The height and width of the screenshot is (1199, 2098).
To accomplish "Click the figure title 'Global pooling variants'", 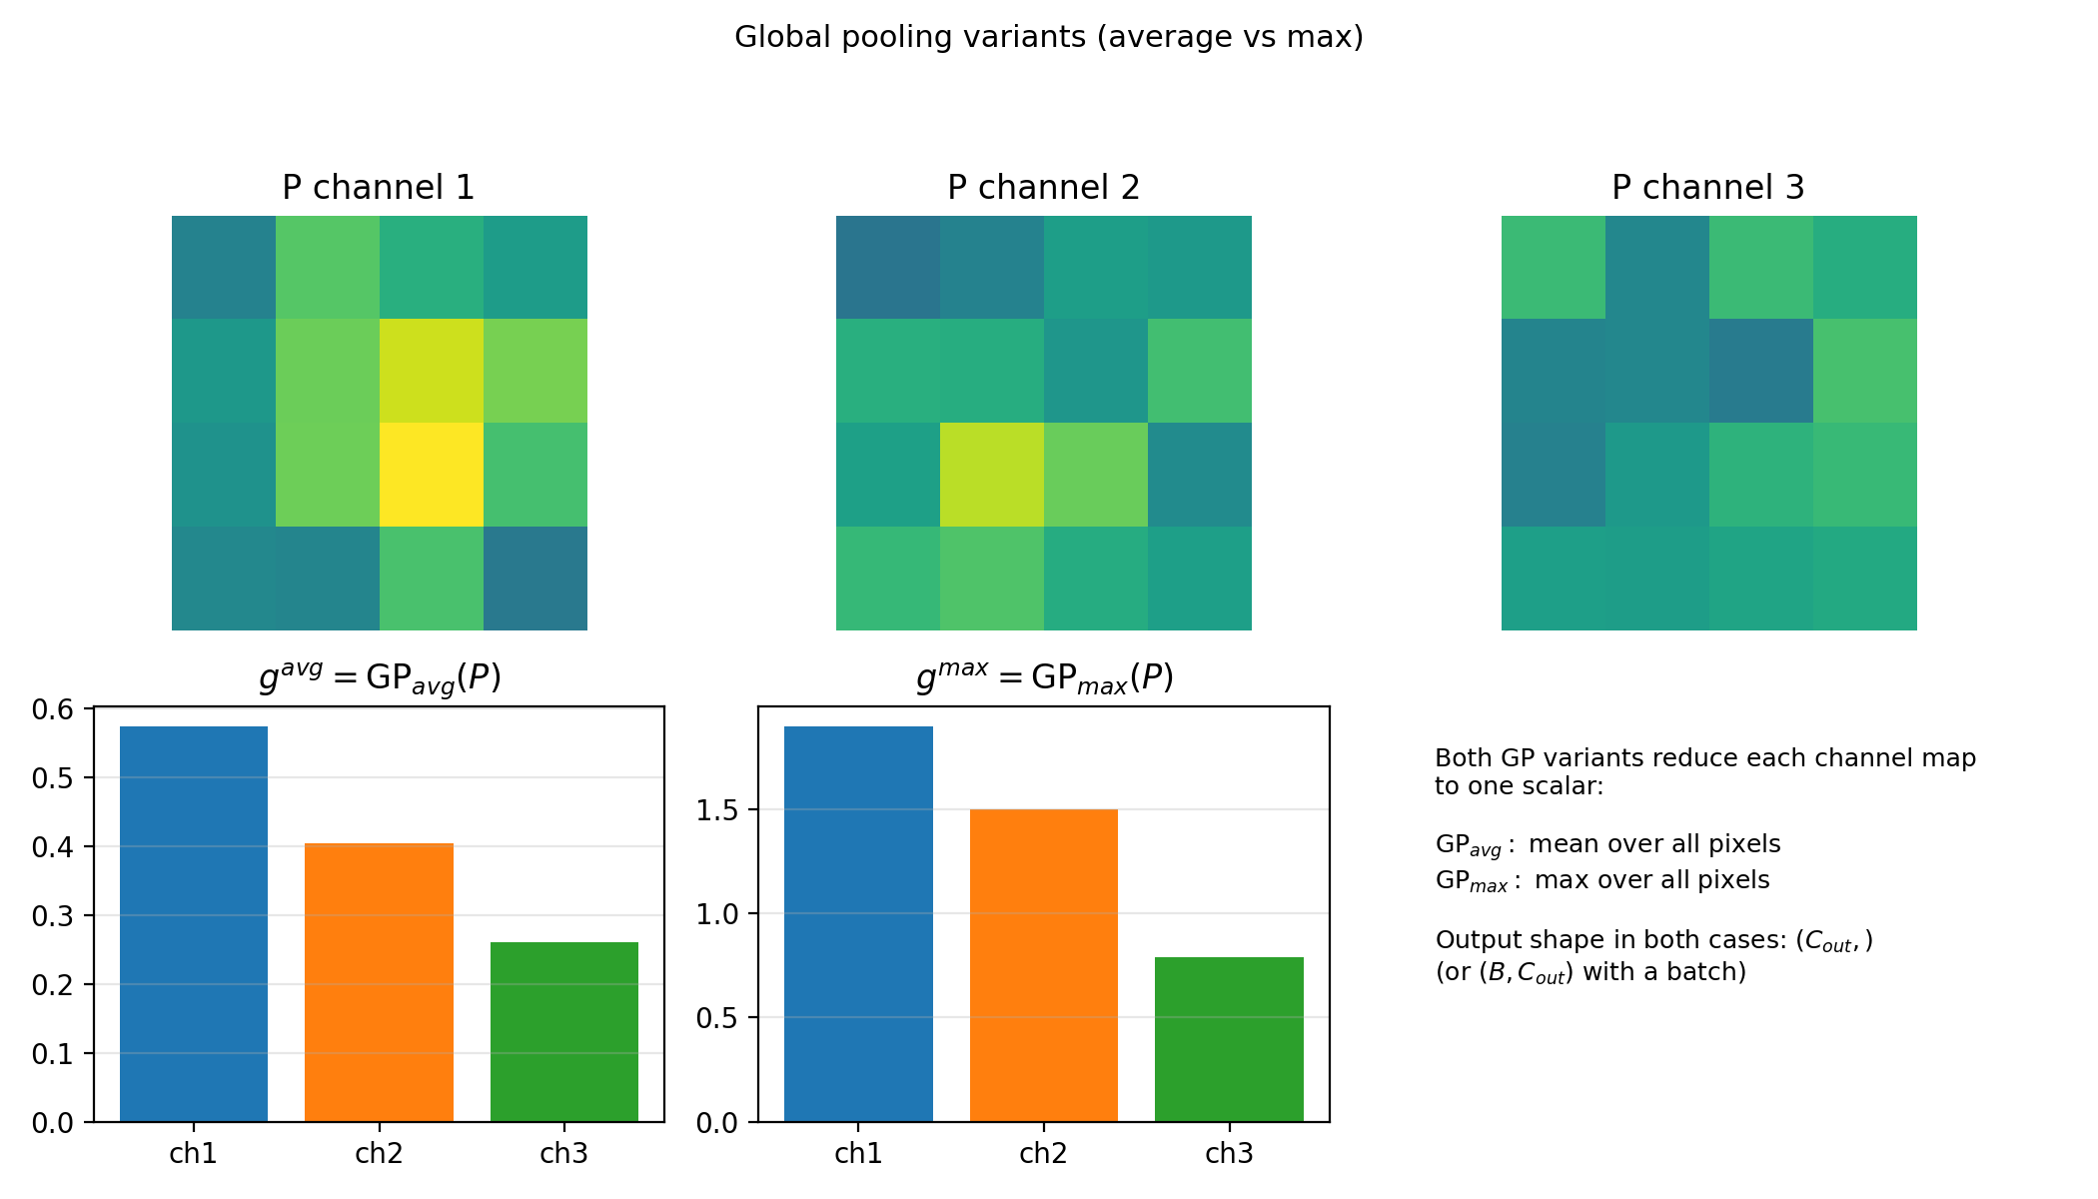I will (1048, 37).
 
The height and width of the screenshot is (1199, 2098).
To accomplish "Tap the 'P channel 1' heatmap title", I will (379, 187).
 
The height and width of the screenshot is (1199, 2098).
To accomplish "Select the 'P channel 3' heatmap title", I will (1707, 187).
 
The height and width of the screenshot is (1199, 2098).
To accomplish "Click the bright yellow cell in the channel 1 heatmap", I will (431, 475).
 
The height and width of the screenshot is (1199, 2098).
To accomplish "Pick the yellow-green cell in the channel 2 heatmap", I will (991, 475).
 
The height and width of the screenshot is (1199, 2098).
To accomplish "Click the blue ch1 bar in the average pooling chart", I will (194, 924).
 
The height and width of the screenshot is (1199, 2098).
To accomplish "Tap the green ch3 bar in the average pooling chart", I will (563, 1031).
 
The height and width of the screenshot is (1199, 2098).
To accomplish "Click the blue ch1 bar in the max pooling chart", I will (858, 924).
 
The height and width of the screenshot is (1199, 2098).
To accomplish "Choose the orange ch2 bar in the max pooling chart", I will (1043, 965).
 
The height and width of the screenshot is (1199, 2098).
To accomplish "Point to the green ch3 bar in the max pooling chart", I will (1229, 1039).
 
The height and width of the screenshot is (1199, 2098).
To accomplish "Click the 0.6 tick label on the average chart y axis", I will (52, 709).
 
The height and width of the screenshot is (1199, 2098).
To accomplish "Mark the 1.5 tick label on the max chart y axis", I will (716, 810).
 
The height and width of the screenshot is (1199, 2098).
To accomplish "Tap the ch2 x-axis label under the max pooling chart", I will (1043, 1154).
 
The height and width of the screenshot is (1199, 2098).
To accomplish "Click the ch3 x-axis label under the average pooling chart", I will (563, 1154).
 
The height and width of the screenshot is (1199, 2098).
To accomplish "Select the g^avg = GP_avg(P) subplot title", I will (380, 678).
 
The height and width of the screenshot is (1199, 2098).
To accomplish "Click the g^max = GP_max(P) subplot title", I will (1044, 678).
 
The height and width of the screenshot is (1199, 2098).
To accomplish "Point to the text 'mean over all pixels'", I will (1654, 844).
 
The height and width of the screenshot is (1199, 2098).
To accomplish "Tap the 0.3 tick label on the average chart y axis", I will (52, 916).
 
